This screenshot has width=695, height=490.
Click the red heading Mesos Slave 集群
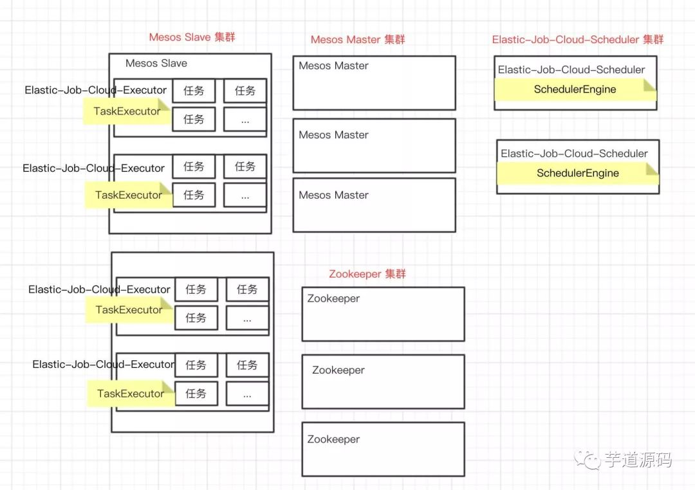point(192,37)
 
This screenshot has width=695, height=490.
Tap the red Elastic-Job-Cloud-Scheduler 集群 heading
point(577,40)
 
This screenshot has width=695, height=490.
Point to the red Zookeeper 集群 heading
point(367,274)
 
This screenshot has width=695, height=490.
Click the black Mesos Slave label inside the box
point(156,63)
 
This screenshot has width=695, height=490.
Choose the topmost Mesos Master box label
point(333,66)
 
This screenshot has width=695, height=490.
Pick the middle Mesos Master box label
point(333,135)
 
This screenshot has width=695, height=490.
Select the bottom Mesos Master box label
point(333,195)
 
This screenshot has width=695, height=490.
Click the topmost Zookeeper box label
point(333,298)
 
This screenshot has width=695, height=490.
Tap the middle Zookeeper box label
point(338,370)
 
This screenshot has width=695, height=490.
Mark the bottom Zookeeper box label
point(333,439)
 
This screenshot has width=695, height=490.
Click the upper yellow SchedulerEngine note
point(575,89)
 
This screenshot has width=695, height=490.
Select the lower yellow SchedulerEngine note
point(577,173)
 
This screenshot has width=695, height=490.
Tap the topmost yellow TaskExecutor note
point(127,111)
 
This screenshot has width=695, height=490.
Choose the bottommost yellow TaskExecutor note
point(131,394)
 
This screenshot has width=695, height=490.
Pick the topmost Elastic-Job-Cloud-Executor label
point(95,90)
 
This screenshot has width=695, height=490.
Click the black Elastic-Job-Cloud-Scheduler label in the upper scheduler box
point(571,69)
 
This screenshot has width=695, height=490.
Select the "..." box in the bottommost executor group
point(247,394)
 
